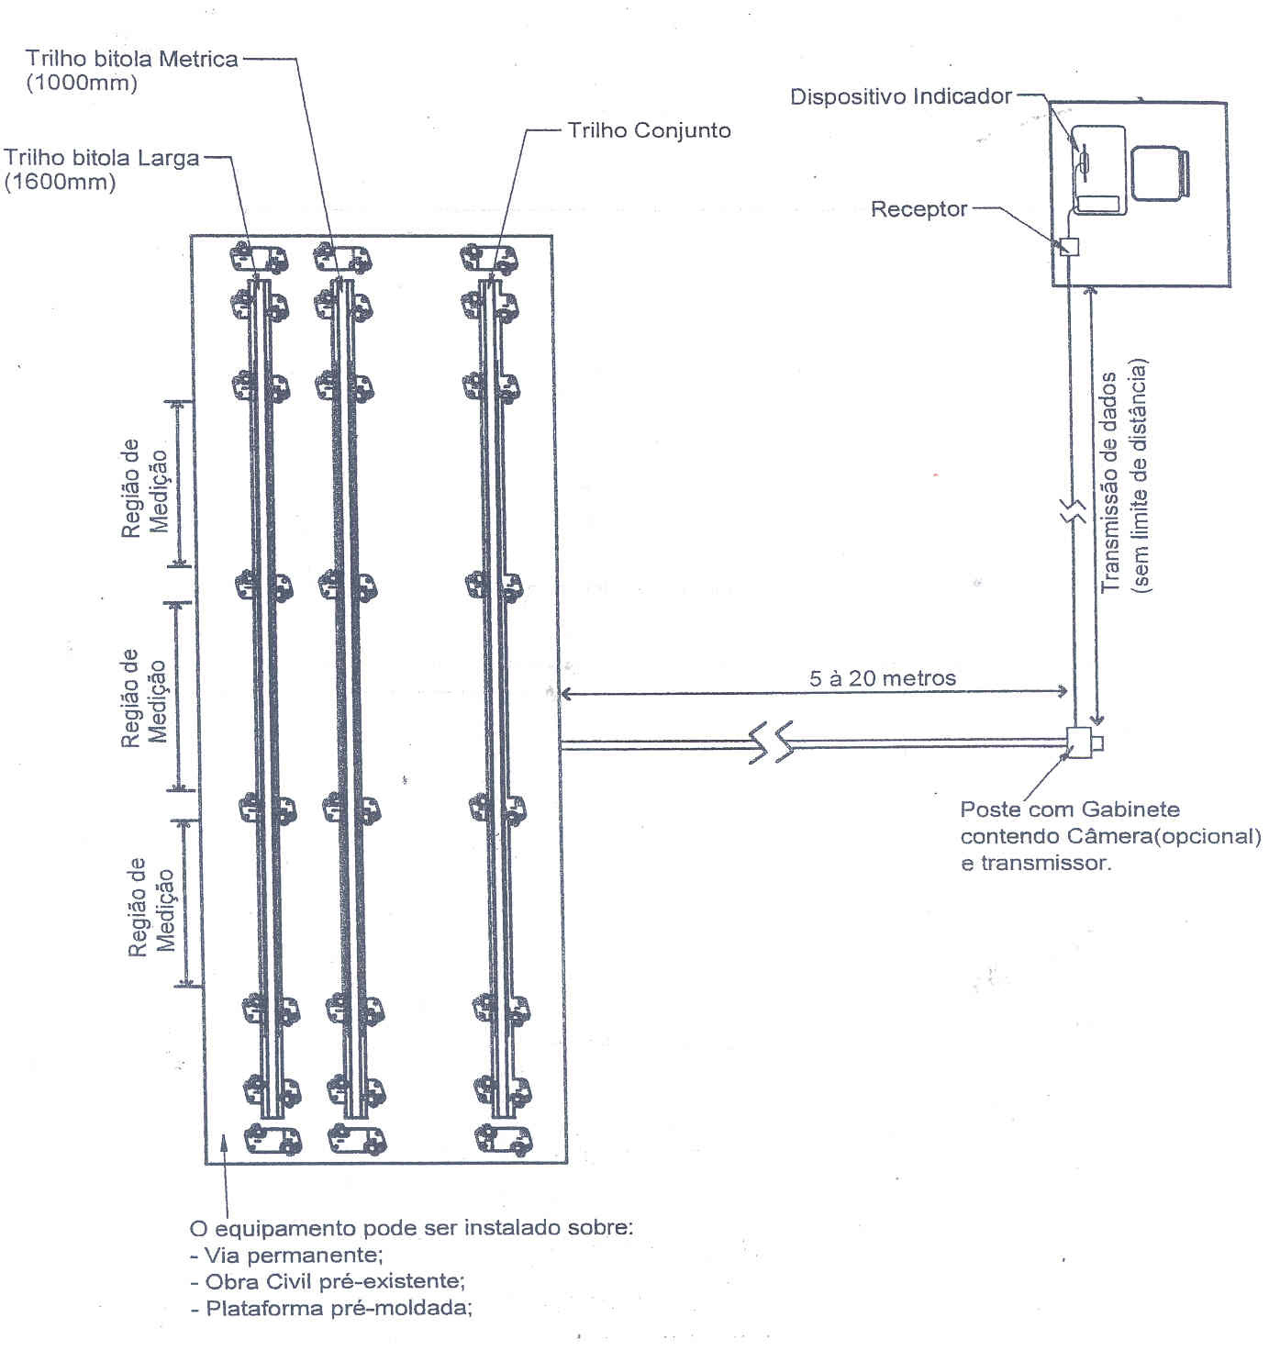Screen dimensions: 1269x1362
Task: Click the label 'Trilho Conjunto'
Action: point(649,131)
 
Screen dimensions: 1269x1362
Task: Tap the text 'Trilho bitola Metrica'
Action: point(132,59)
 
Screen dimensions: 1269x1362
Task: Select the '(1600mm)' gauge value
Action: point(60,183)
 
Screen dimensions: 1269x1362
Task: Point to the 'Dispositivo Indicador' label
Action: point(901,96)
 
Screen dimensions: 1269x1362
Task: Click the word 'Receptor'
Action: point(919,209)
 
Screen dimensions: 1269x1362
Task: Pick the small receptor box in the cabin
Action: point(1069,246)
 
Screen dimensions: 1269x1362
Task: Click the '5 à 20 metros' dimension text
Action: point(882,679)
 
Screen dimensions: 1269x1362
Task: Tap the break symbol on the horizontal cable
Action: point(771,742)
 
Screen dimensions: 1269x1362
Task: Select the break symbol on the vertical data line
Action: point(1073,510)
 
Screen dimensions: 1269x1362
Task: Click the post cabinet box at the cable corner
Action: point(1080,742)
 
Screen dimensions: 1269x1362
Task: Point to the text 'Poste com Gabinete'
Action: point(1069,809)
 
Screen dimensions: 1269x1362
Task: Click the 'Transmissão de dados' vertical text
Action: point(1109,482)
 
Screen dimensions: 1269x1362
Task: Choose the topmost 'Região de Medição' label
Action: point(144,488)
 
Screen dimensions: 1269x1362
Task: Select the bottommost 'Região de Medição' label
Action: point(151,907)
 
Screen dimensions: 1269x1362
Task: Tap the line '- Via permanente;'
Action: point(286,1255)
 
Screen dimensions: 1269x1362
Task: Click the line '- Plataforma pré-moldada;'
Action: point(331,1308)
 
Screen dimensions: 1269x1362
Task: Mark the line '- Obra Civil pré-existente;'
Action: point(328,1281)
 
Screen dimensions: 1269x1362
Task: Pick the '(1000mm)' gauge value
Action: point(82,83)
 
